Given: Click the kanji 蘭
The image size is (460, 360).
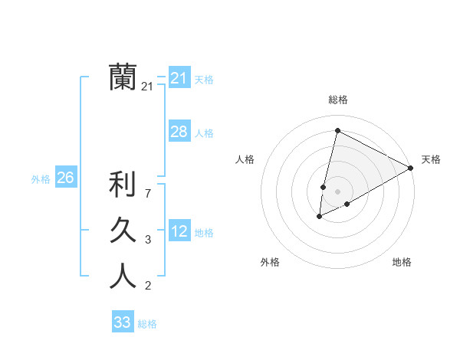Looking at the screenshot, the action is tap(123, 77).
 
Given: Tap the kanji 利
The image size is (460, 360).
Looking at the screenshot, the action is tap(123, 185).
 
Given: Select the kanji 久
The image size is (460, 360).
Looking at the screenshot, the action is tap(123, 230).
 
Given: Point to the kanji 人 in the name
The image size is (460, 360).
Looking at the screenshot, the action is tap(123, 275).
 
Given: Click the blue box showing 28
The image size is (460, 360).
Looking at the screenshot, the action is tap(179, 132).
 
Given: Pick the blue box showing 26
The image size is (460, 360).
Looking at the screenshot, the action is tap(65, 178).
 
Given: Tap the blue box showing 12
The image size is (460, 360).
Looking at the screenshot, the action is tap(179, 231).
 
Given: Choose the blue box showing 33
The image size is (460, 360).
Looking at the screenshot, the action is tap(122, 322).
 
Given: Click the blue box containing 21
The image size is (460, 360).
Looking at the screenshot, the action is tap(179, 78).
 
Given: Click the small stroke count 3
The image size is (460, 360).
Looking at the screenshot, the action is tap(147, 240).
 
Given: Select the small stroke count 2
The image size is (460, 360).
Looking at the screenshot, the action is tap(147, 286).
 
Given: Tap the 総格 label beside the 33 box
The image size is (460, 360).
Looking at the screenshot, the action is tap(147, 324).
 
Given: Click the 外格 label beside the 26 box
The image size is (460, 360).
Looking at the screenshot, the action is tap(41, 179).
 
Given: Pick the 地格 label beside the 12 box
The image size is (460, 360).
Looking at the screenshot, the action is tap(204, 233).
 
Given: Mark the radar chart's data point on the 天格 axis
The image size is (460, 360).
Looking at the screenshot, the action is tap(411, 168).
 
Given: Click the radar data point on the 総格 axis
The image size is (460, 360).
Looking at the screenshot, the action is tap(337, 130).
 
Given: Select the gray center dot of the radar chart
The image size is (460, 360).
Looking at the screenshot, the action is tap(337, 191).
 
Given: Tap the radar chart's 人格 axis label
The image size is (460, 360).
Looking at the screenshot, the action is tap(245, 159).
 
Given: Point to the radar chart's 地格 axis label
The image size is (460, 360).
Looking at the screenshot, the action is tap(402, 262).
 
